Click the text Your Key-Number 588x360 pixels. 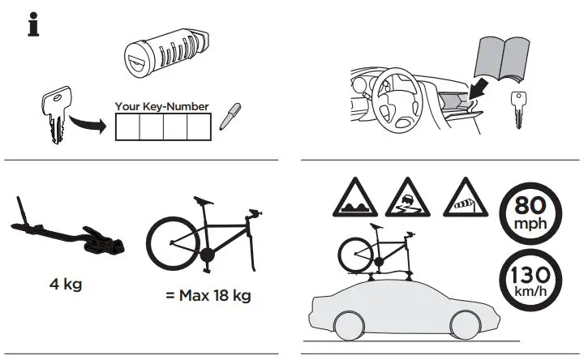pyautogui.click(x=162, y=106)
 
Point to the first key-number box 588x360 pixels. pyautogui.click(x=126, y=127)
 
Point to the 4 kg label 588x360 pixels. pyautogui.click(x=67, y=285)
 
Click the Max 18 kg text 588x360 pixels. pyautogui.click(x=208, y=295)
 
